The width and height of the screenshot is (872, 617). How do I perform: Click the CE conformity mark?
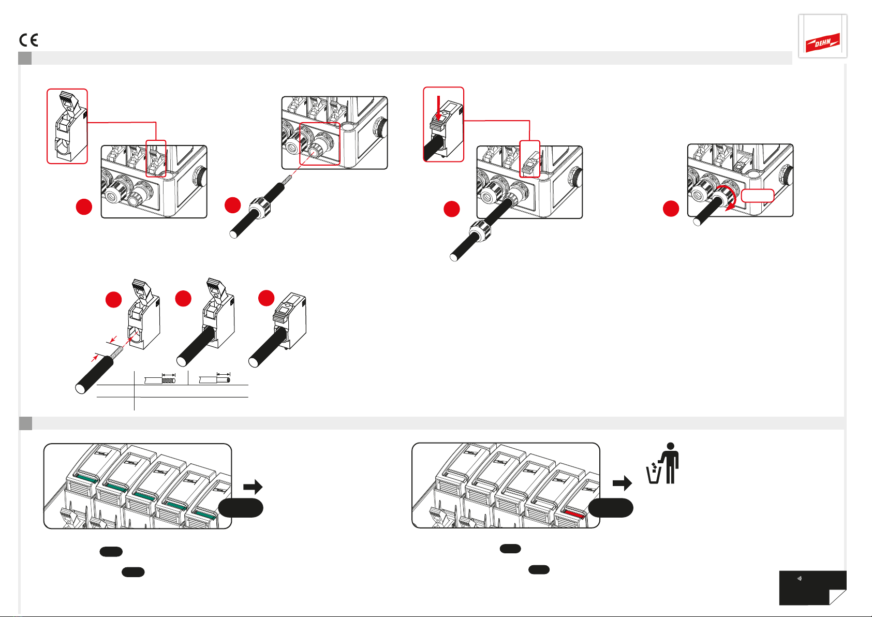(29, 40)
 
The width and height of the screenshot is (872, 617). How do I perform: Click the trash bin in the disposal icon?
(654, 473)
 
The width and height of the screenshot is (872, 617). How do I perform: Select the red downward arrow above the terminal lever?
(439, 108)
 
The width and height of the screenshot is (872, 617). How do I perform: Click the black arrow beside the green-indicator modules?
(253, 487)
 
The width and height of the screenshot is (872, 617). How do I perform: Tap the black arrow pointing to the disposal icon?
(622, 483)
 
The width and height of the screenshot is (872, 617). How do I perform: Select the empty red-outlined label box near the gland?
(757, 196)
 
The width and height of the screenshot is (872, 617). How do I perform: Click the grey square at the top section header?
(25, 58)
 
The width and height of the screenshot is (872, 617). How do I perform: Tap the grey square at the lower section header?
(26, 423)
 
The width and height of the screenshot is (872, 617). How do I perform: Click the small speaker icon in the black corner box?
(799, 579)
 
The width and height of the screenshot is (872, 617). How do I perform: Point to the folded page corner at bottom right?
(838, 597)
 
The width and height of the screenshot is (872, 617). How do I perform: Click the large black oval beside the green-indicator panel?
(241, 508)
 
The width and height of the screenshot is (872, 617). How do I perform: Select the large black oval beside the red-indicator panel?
(611, 508)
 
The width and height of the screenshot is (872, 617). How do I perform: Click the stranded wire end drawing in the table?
(160, 379)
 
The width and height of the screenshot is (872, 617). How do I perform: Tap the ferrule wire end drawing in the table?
(215, 379)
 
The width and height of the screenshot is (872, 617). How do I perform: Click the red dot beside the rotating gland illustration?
(671, 209)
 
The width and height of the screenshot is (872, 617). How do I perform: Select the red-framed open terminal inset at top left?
(67, 126)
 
